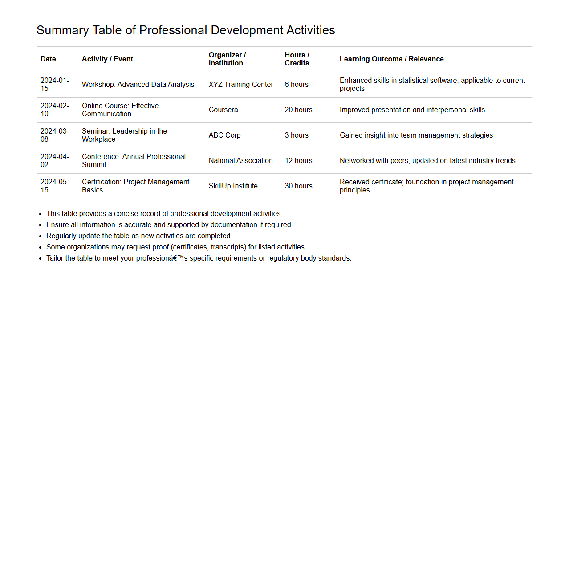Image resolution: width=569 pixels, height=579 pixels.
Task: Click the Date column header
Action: [x=48, y=59]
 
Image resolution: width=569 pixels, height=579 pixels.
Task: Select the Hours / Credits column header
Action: [x=297, y=59]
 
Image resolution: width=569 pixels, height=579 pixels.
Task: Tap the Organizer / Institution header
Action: [x=227, y=59]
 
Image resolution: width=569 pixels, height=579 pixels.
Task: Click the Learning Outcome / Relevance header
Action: [x=391, y=59]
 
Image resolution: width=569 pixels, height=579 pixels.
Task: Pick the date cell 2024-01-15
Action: [x=54, y=85]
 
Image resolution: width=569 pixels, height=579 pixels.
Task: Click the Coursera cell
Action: [x=223, y=110]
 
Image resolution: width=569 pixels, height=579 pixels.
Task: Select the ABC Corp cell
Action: [x=224, y=135]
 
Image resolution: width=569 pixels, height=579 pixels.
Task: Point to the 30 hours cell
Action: [x=298, y=186]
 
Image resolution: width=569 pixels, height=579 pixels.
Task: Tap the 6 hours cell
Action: [x=297, y=85]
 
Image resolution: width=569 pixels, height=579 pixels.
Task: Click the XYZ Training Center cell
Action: [x=241, y=85]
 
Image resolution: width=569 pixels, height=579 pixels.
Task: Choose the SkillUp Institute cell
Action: [x=233, y=186]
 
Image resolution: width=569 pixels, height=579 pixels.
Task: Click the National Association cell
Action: [x=240, y=161]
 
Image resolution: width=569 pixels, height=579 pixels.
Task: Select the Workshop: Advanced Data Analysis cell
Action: [x=138, y=85]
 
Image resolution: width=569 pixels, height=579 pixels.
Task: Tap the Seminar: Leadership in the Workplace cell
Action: [x=124, y=135]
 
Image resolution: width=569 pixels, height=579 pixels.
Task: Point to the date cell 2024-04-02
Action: [x=54, y=161]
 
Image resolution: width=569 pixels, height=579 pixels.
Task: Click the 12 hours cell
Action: [x=298, y=161]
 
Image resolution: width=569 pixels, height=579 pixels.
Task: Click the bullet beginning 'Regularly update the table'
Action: [x=139, y=236]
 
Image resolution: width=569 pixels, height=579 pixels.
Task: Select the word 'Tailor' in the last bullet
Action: [x=55, y=258]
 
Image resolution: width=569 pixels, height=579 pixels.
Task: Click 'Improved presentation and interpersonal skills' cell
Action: [x=412, y=110]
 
